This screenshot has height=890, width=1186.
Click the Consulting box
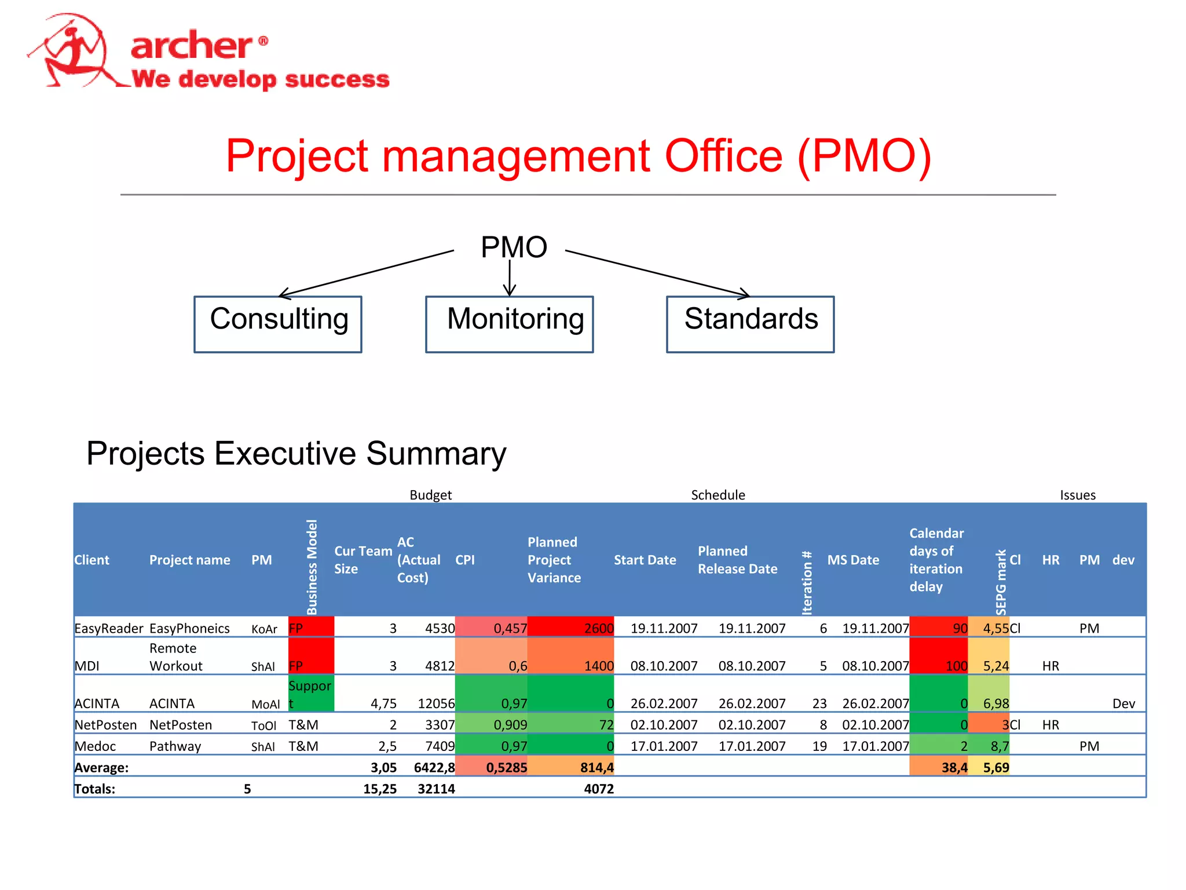(278, 324)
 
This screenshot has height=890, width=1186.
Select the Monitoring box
(510, 324)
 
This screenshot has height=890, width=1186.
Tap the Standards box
(751, 324)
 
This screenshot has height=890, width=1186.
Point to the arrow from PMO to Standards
(657, 273)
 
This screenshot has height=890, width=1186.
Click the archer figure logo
(75, 52)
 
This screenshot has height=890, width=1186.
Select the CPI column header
(465, 560)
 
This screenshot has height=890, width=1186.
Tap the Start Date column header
(645, 560)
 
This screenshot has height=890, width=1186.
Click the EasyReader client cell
(108, 628)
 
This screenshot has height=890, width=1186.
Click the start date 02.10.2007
(664, 725)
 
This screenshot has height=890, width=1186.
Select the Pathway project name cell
(175, 746)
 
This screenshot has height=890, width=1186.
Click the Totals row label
(95, 789)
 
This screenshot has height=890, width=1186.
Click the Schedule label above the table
(718, 495)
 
